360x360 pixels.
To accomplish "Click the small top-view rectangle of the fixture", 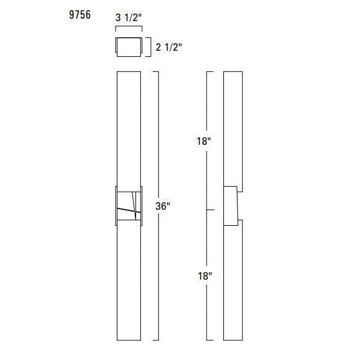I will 128,47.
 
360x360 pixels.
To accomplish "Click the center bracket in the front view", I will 129,207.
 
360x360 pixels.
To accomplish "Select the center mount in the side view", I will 231,205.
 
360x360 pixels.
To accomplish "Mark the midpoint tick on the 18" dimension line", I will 210,210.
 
